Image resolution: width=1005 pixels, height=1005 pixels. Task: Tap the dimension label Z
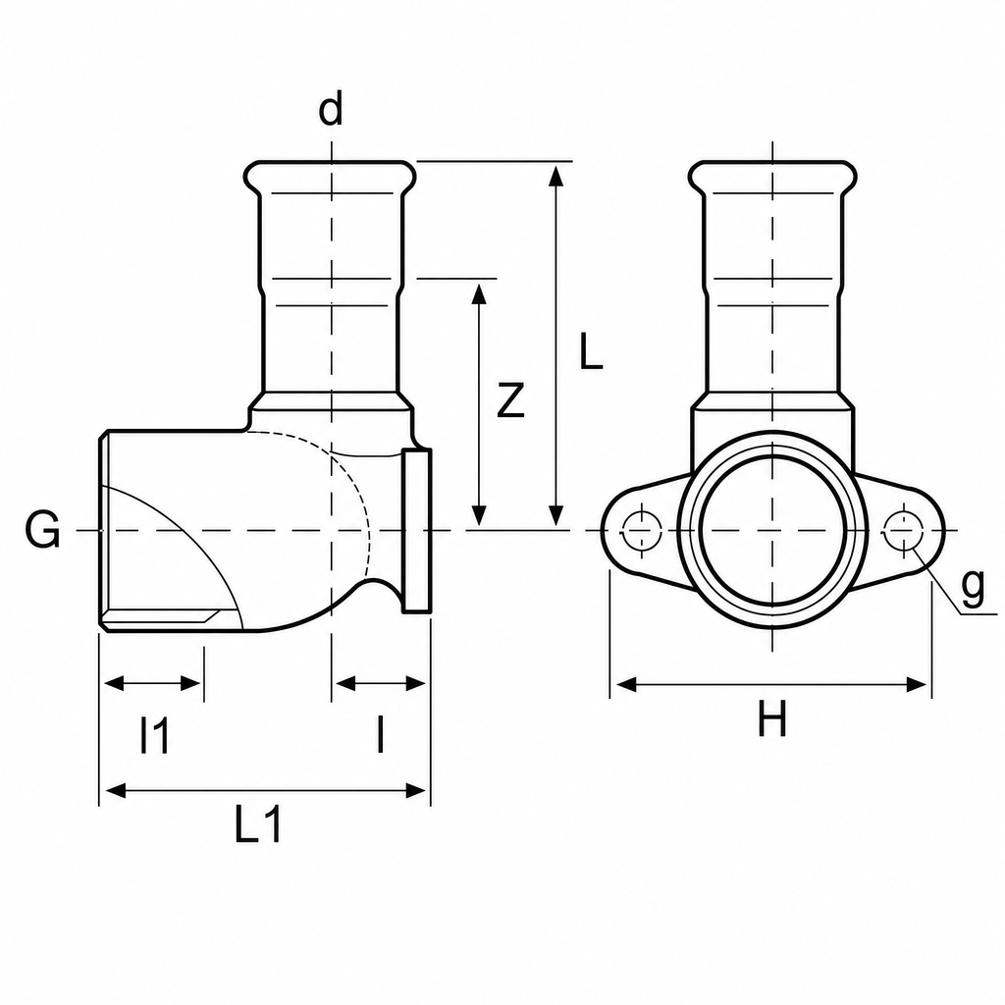510,400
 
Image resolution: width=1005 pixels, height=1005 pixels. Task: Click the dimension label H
771,718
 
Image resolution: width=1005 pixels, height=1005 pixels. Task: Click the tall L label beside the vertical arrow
590,350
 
